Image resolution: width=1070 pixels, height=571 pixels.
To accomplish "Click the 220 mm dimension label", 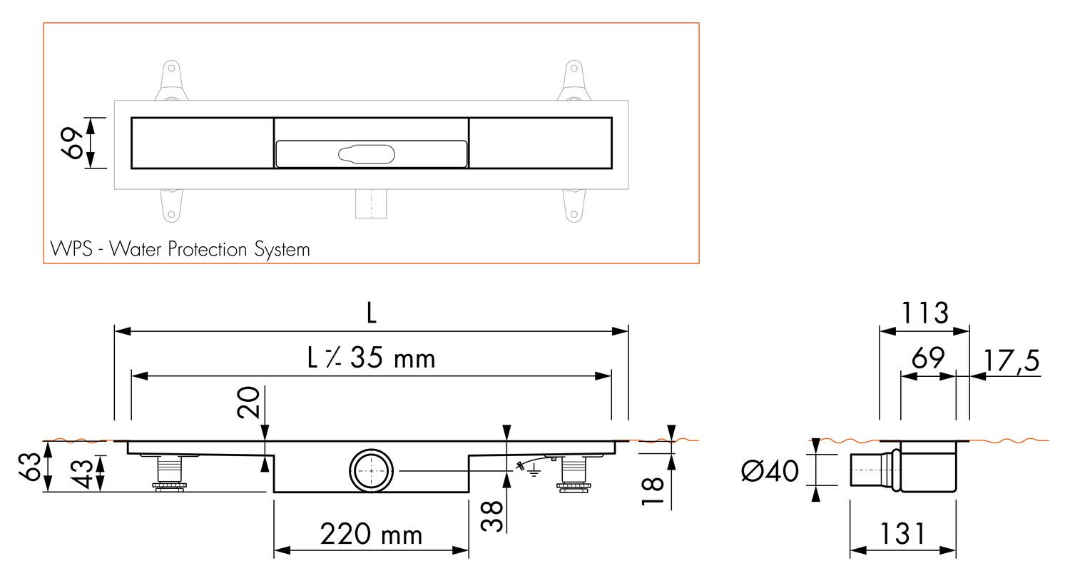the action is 371,534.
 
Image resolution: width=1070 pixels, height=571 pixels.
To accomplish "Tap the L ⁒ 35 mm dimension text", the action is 371,358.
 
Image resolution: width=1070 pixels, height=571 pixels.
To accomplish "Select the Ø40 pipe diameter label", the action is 770,470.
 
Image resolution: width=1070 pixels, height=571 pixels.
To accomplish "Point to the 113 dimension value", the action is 924,313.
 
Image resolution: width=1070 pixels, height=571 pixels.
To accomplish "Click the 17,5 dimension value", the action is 1012,360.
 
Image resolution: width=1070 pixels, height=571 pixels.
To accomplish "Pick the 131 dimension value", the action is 902,534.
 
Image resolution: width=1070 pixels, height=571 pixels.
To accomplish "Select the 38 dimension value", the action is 492,515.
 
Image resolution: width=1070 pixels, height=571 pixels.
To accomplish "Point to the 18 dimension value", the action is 653,490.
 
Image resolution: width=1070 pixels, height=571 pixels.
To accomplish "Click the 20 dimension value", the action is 249,403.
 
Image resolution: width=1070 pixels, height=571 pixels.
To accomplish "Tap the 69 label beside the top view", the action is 73,143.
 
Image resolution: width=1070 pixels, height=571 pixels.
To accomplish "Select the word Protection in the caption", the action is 208,249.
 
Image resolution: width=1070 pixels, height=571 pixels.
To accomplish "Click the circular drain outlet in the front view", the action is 371,470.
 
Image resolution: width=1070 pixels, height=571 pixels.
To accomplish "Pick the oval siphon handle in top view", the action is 367,154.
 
